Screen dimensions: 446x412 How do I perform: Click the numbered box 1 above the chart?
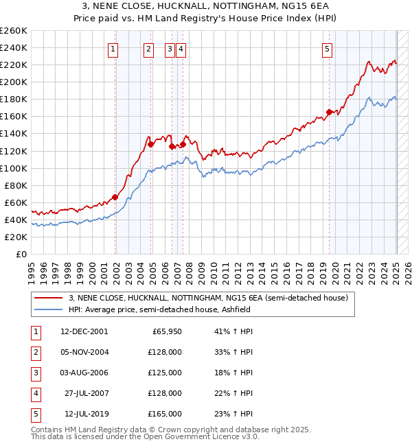tap(113, 49)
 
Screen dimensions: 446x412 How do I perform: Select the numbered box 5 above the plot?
tap(327, 49)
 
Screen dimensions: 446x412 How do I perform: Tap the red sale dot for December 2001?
tap(115, 197)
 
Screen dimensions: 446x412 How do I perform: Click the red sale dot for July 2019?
tap(329, 112)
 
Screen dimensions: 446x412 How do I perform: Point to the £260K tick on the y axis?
tap(14, 31)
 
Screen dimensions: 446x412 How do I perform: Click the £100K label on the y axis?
tap(14, 168)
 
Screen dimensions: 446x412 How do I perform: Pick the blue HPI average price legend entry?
tap(159, 309)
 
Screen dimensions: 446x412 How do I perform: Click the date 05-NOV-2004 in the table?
tap(84, 352)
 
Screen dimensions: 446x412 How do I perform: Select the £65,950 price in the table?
tap(165, 331)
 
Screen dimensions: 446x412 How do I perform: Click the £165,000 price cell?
tap(165, 414)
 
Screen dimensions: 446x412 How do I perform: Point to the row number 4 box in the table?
tap(34, 393)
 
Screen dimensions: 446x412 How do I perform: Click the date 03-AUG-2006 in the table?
tap(84, 373)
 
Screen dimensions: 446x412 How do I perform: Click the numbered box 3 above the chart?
tap(169, 49)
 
